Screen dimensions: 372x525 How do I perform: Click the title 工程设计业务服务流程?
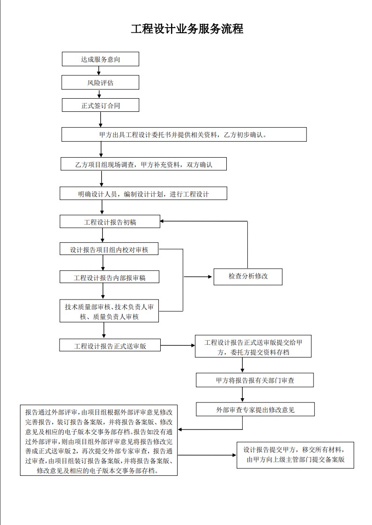pos(187,29)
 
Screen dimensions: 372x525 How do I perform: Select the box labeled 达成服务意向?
pos(101,59)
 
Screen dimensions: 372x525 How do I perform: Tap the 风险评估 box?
pos(101,82)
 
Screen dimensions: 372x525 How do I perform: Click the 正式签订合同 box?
pos(101,105)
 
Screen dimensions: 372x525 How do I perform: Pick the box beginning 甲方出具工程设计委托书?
pos(184,135)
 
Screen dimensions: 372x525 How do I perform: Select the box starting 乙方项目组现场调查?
pos(143,164)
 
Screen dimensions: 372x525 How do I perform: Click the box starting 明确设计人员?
pos(143,194)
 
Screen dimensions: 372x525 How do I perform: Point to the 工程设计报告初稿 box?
pos(110,222)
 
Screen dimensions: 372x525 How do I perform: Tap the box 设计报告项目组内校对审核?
pos(109,249)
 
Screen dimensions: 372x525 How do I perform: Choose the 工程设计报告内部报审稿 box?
pos(110,277)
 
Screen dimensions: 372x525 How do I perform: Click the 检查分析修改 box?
pos(248,277)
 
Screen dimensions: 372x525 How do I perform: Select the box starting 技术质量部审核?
pos(109,311)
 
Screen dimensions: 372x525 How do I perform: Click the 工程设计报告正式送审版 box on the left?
pos(110,345)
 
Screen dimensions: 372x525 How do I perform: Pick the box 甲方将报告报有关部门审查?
pos(255,380)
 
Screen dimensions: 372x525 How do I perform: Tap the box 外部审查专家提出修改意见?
pos(255,409)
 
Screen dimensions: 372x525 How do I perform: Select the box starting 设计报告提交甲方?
pos(295,455)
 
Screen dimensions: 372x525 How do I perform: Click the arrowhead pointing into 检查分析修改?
pos(210,277)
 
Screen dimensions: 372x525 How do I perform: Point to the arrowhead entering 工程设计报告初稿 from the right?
pos(162,221)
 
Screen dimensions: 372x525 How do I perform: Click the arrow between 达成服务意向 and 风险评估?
pos(99,71)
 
